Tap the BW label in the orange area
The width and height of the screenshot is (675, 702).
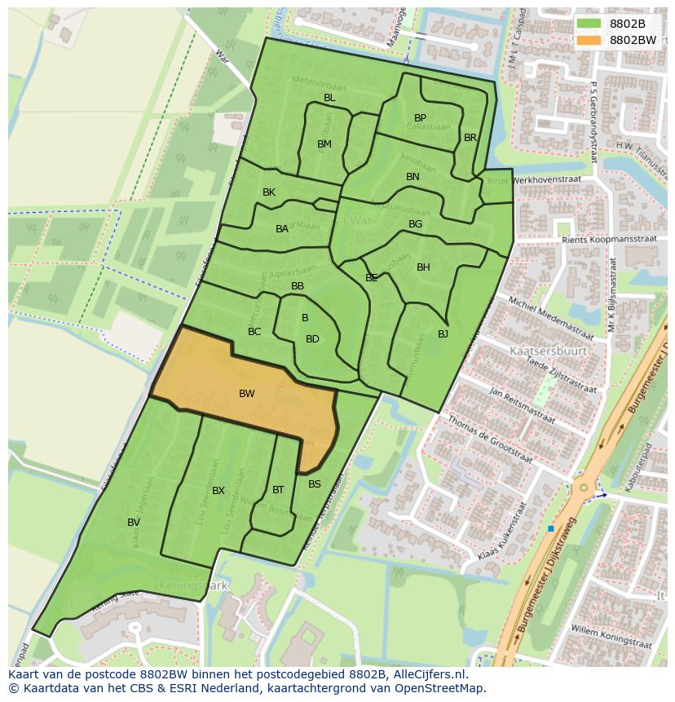click(246, 394)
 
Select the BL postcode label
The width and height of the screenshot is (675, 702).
click(329, 98)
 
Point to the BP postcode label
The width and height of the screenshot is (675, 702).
click(420, 118)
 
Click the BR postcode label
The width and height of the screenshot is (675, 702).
click(470, 138)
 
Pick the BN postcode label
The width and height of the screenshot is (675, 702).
click(412, 177)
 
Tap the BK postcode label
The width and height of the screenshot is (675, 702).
click(269, 192)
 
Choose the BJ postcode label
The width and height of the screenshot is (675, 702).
click(443, 334)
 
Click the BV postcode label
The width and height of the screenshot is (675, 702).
click(134, 523)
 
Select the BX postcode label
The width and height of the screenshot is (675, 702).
click(218, 491)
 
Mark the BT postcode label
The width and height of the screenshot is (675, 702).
click(278, 490)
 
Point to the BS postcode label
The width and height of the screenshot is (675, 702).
click(315, 484)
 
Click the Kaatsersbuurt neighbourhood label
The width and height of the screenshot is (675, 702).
click(542, 351)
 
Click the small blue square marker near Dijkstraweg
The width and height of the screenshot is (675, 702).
click(551, 529)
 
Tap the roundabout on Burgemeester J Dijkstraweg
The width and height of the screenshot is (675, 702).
click(583, 488)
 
